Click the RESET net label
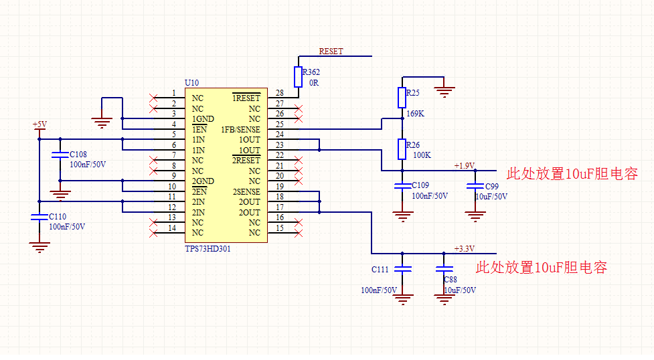tap(331, 52)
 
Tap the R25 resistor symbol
tap(402, 98)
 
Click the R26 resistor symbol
tap(402, 149)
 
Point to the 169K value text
tap(416, 114)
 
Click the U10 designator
tap(191, 82)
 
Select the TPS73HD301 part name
tap(208, 248)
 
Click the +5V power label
tap(39, 124)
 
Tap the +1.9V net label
tap(464, 165)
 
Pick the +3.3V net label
tap(464, 248)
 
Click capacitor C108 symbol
tap(60, 157)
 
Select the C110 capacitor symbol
tap(39, 217)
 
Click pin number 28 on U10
tap(279, 93)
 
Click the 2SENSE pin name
tap(246, 192)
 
